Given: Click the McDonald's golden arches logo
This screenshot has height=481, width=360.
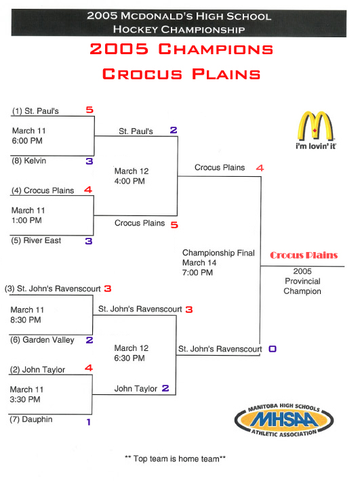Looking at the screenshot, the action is tap(315, 126).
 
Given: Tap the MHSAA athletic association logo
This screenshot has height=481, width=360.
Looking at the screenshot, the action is tap(284, 419).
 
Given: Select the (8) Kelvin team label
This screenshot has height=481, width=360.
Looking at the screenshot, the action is tap(29, 161).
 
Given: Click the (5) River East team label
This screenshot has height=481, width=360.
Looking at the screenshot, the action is tap(36, 240).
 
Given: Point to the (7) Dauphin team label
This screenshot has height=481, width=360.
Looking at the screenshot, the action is tap(31, 419).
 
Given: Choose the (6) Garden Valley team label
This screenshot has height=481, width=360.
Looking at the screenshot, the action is tap(42, 340).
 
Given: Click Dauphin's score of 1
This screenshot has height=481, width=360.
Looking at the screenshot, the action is tap(89, 422).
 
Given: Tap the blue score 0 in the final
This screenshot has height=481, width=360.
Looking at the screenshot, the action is tap(273, 349).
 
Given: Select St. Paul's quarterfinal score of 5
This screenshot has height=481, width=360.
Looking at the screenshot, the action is tap(89, 110).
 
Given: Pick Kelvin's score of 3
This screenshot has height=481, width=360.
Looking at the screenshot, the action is tap(89, 161).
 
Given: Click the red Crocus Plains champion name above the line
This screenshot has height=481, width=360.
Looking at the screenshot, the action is tap(304, 255).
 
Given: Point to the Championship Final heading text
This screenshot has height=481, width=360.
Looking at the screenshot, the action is tap(218, 253).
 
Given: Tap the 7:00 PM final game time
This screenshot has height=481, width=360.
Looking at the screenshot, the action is tap(197, 272).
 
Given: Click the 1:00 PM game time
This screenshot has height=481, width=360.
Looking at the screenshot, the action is tap(26, 220).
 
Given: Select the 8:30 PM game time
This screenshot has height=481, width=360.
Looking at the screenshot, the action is tap(26, 320).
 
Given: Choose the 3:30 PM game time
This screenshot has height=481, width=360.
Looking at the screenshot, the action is tap(25, 400).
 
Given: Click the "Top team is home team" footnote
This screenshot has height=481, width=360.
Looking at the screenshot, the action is tap(175, 459).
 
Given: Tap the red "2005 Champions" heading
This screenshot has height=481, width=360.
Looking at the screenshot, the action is tap(182, 49).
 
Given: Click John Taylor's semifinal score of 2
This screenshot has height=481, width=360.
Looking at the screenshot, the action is tap(165, 388).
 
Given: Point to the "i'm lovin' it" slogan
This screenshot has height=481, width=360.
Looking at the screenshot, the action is tap(316, 146).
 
